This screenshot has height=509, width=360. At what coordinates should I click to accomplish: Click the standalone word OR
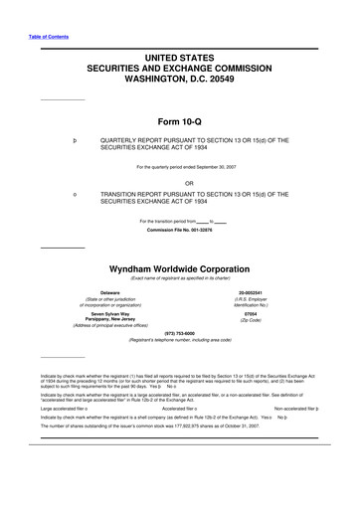pyautogui.click(x=180, y=182)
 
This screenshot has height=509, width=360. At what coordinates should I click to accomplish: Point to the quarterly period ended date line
pyautogui.click(x=180, y=167)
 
